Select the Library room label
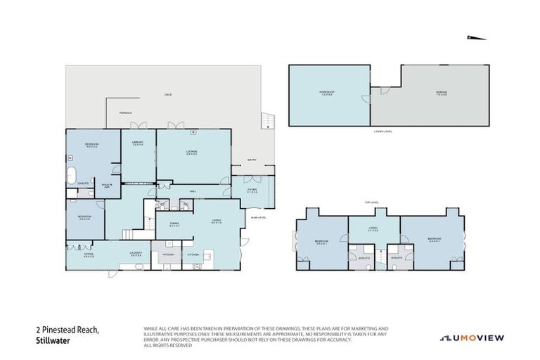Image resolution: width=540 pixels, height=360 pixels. pyautogui.click(x=138, y=143)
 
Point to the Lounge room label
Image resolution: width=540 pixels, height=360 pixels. pyautogui.click(x=191, y=152)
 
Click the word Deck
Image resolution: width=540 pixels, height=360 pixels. pyautogui.click(x=167, y=94)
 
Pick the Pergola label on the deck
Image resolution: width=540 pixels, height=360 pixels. pyautogui.click(x=125, y=112)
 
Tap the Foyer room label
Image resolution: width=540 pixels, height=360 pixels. pyautogui.click(x=251, y=190)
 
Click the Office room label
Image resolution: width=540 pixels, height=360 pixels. pyautogui.click(x=89, y=255)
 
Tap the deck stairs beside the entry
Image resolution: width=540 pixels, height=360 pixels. pyautogui.click(x=266, y=122)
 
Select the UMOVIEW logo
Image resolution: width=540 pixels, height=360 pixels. pyautogui.click(x=472, y=337)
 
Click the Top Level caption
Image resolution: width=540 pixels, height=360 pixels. pyautogui.click(x=371, y=203)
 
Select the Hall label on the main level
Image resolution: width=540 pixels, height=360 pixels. pyautogui.click(x=191, y=191)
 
